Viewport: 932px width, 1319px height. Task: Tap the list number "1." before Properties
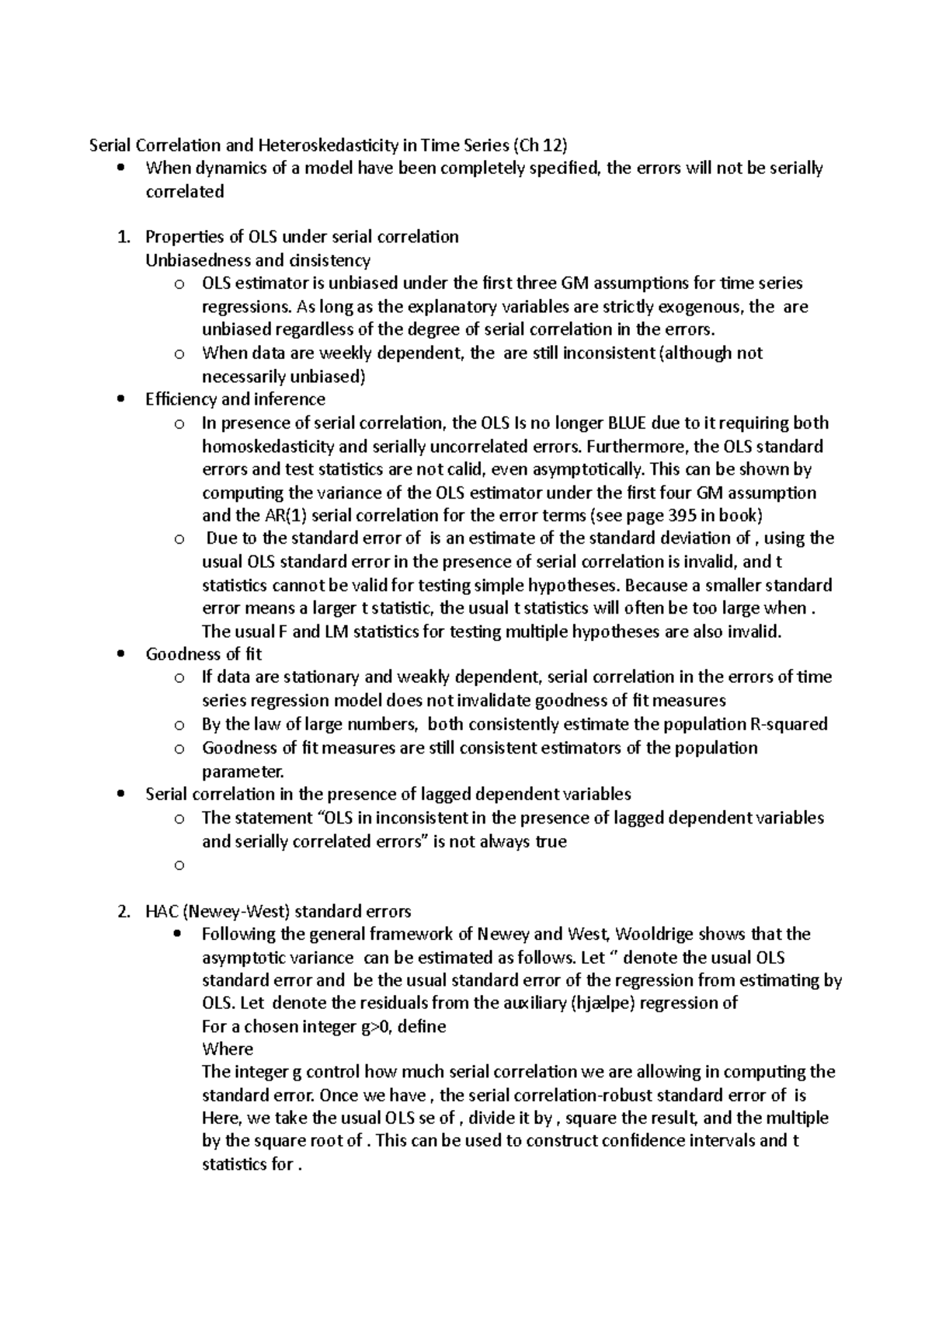coord(124,237)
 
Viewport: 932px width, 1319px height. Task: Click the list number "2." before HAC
coord(124,911)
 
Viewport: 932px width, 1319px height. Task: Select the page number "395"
coord(681,516)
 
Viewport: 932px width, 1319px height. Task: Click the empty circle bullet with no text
coord(179,865)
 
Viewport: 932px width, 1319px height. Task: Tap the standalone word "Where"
coord(228,1049)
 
